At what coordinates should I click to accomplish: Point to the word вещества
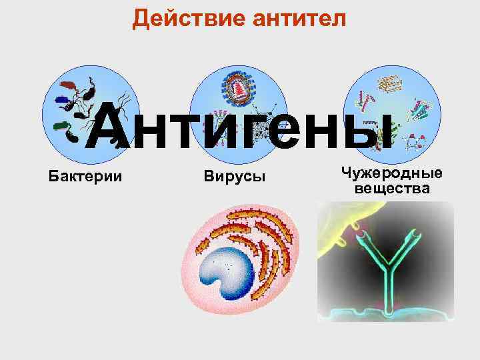click(x=392, y=189)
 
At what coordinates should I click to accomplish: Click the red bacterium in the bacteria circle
click(x=68, y=86)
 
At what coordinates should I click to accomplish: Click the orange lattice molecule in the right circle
click(x=389, y=83)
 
